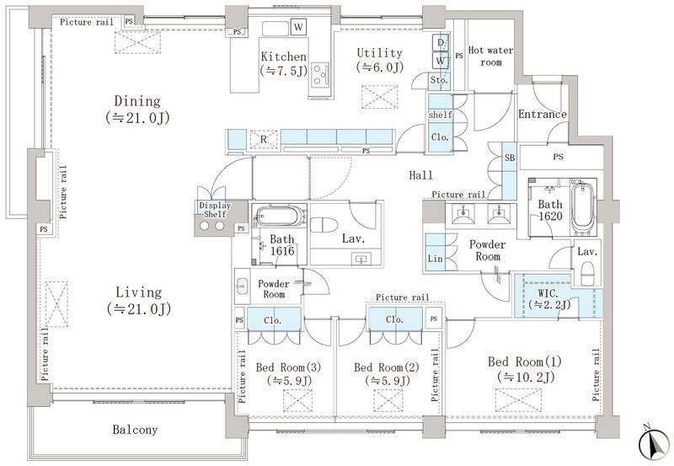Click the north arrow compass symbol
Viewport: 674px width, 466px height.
(655, 443)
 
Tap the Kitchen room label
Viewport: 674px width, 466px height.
(284, 63)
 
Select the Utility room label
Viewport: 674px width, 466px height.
(380, 60)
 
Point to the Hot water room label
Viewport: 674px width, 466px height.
(490, 56)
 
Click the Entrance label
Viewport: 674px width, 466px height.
(543, 114)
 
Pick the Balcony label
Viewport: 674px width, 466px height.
(135, 429)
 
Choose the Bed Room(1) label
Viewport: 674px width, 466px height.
(525, 369)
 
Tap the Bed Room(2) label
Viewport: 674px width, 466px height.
(387, 374)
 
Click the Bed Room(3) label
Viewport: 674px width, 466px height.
(288, 374)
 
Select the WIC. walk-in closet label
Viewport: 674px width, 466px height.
(549, 299)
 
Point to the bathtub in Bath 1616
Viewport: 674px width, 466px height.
(278, 216)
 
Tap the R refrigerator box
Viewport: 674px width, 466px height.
(264, 139)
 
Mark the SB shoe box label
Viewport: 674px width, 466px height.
(510, 158)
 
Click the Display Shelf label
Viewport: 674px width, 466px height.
(215, 210)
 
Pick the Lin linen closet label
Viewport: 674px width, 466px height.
(435, 259)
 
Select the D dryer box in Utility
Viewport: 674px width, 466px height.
(440, 42)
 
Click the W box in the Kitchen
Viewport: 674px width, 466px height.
(298, 28)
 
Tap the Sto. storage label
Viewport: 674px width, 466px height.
(439, 80)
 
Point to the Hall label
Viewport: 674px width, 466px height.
(420, 175)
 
